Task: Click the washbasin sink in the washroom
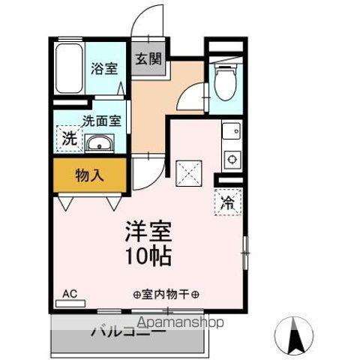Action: click(x=98, y=144)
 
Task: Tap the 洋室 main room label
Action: click(x=148, y=229)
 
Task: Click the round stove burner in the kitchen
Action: click(x=232, y=158)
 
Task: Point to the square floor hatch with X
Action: click(x=187, y=173)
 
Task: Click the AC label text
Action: click(x=70, y=293)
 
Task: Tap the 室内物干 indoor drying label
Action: click(x=170, y=294)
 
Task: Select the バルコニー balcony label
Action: click(x=127, y=331)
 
